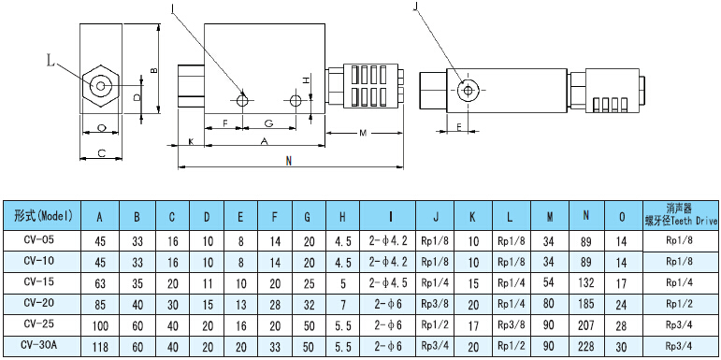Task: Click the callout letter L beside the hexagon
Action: [51, 60]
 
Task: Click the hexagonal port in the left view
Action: [100, 86]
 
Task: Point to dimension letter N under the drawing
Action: [288, 161]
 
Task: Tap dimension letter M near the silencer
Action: [363, 134]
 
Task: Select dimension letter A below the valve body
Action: [265, 142]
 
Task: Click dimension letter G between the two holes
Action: [269, 123]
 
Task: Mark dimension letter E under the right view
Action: [459, 127]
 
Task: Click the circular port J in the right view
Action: [469, 91]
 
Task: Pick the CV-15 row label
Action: [38, 281]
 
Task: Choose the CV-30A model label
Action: [39, 345]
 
